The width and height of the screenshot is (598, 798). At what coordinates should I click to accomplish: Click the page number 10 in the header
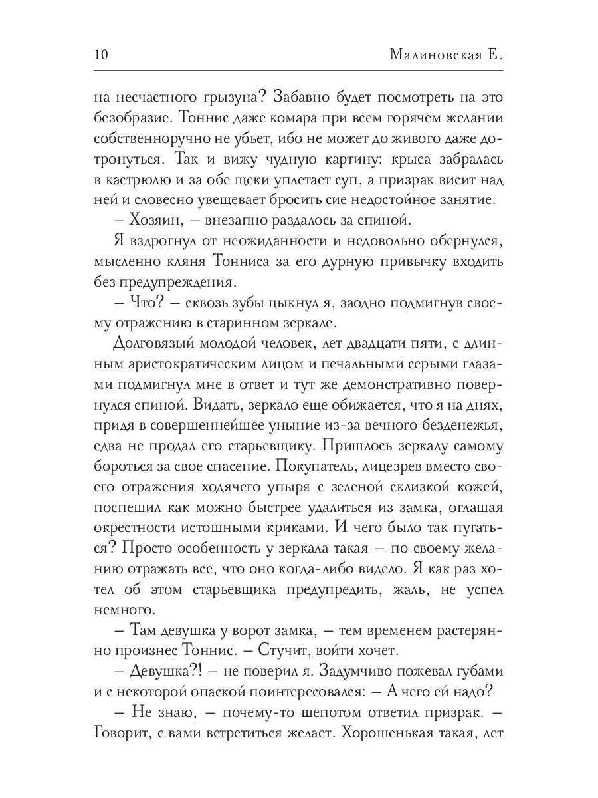103,54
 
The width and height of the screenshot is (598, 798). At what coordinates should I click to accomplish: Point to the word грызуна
219,97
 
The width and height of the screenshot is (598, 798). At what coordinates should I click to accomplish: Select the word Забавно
296,97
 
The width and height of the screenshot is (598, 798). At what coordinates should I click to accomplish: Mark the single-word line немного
126,609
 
